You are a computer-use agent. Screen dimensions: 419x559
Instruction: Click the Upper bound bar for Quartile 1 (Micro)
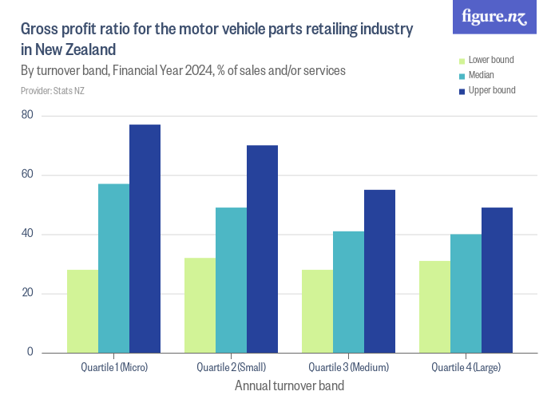pyautogui.click(x=145, y=239)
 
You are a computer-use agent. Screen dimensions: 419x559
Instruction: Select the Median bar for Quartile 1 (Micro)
pyautogui.click(x=113, y=268)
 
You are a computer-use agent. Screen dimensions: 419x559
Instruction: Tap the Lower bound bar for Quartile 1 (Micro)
pyautogui.click(x=82, y=311)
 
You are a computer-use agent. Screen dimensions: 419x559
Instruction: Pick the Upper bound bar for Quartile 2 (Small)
pyautogui.click(x=262, y=249)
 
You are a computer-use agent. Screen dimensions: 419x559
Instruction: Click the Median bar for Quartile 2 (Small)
pyautogui.click(x=231, y=280)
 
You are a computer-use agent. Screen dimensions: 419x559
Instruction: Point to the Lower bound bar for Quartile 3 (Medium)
pyautogui.click(x=317, y=311)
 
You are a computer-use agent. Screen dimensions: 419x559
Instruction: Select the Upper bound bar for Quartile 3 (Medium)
pyautogui.click(x=379, y=271)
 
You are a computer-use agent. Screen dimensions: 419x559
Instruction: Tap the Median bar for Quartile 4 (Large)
pyautogui.click(x=466, y=293)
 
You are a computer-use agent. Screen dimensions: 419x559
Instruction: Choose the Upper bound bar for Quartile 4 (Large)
pyautogui.click(x=497, y=280)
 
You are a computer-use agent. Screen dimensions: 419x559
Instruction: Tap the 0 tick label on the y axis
pyautogui.click(x=30, y=352)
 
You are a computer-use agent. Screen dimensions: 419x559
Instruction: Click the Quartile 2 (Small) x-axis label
pyautogui.click(x=231, y=367)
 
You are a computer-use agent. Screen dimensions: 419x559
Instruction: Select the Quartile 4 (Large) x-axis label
pyautogui.click(x=466, y=367)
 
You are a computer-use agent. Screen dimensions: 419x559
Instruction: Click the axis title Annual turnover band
pyautogui.click(x=289, y=385)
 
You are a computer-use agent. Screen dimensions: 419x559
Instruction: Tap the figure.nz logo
pyautogui.click(x=495, y=17)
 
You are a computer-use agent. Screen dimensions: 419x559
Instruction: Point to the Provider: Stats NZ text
pyautogui.click(x=53, y=90)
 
